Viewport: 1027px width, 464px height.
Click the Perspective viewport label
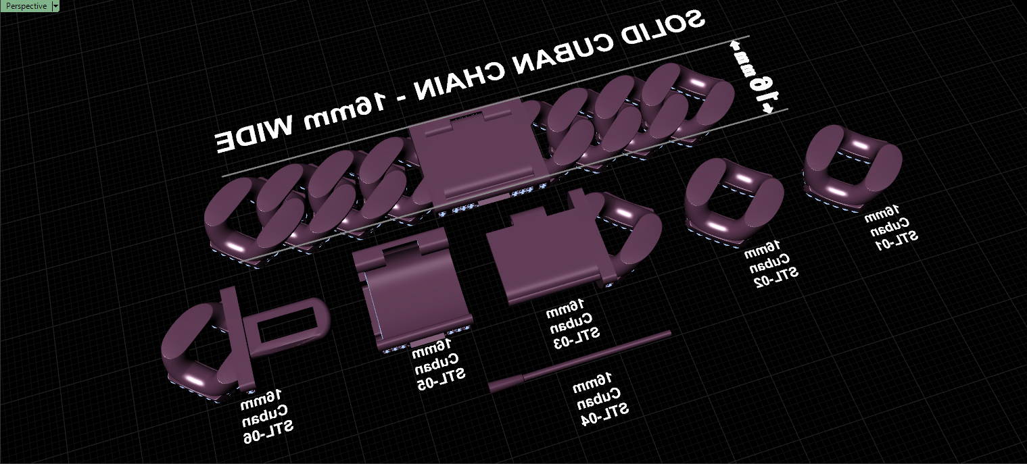pos(26,6)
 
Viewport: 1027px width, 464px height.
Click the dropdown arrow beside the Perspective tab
pos(55,6)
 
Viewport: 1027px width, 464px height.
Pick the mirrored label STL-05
pos(441,378)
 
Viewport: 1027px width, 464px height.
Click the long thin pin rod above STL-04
pos(579,361)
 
